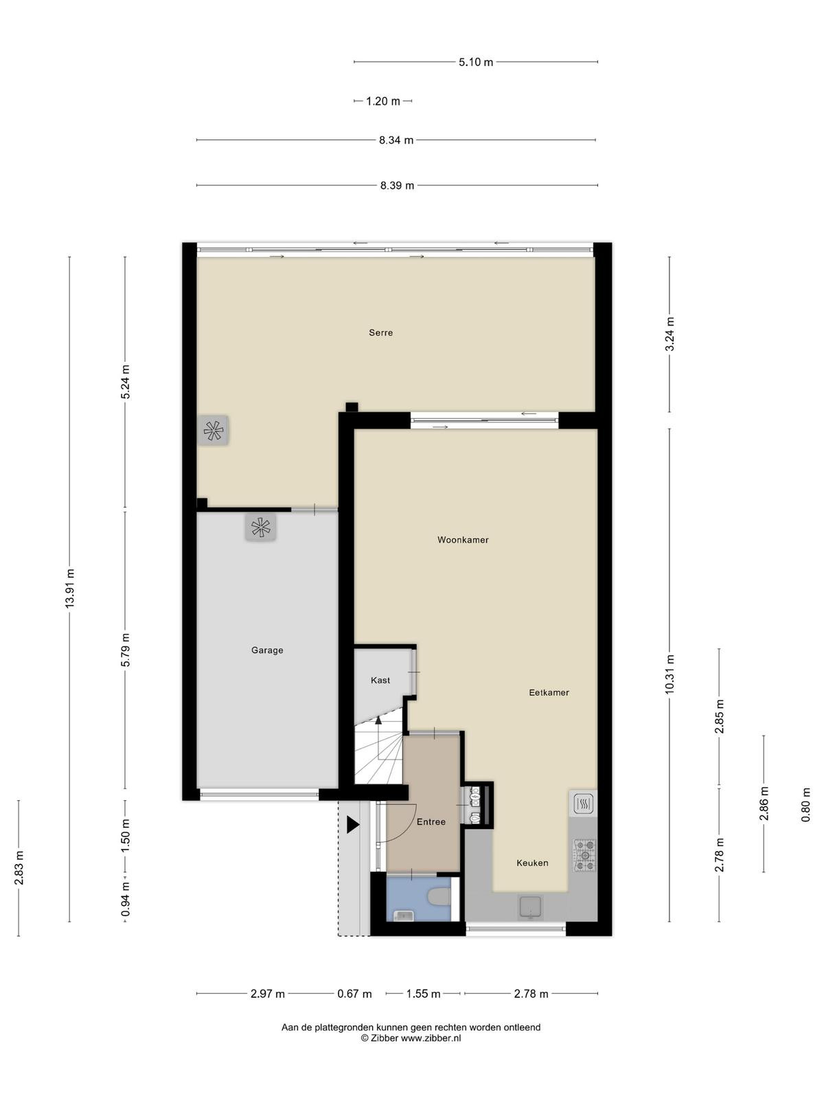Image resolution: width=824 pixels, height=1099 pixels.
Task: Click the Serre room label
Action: [380, 332]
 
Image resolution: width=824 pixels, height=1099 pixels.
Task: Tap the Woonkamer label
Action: [463, 540]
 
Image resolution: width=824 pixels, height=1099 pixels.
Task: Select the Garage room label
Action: [267, 650]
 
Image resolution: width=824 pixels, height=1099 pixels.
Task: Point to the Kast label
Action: [380, 681]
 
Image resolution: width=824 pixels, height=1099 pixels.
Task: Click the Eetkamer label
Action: [549, 693]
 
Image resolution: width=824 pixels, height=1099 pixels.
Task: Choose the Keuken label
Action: [532, 863]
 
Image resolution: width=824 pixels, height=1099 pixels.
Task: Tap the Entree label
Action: [431, 822]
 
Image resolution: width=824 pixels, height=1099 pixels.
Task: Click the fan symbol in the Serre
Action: [213, 431]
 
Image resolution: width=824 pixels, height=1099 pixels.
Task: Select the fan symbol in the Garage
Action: [261, 528]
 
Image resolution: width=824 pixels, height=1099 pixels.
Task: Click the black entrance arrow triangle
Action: [353, 825]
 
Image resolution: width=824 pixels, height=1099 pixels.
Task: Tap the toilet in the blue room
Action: [439, 897]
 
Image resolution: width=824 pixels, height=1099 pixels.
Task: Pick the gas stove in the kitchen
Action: [584, 854]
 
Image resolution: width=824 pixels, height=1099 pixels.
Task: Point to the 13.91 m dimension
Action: [69, 588]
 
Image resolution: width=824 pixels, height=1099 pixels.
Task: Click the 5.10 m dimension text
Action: [476, 62]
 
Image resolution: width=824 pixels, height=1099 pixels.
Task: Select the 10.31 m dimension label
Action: [669, 674]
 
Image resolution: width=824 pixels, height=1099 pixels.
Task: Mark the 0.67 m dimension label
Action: [354, 994]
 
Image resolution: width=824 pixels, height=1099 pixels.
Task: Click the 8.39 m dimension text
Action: [397, 185]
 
